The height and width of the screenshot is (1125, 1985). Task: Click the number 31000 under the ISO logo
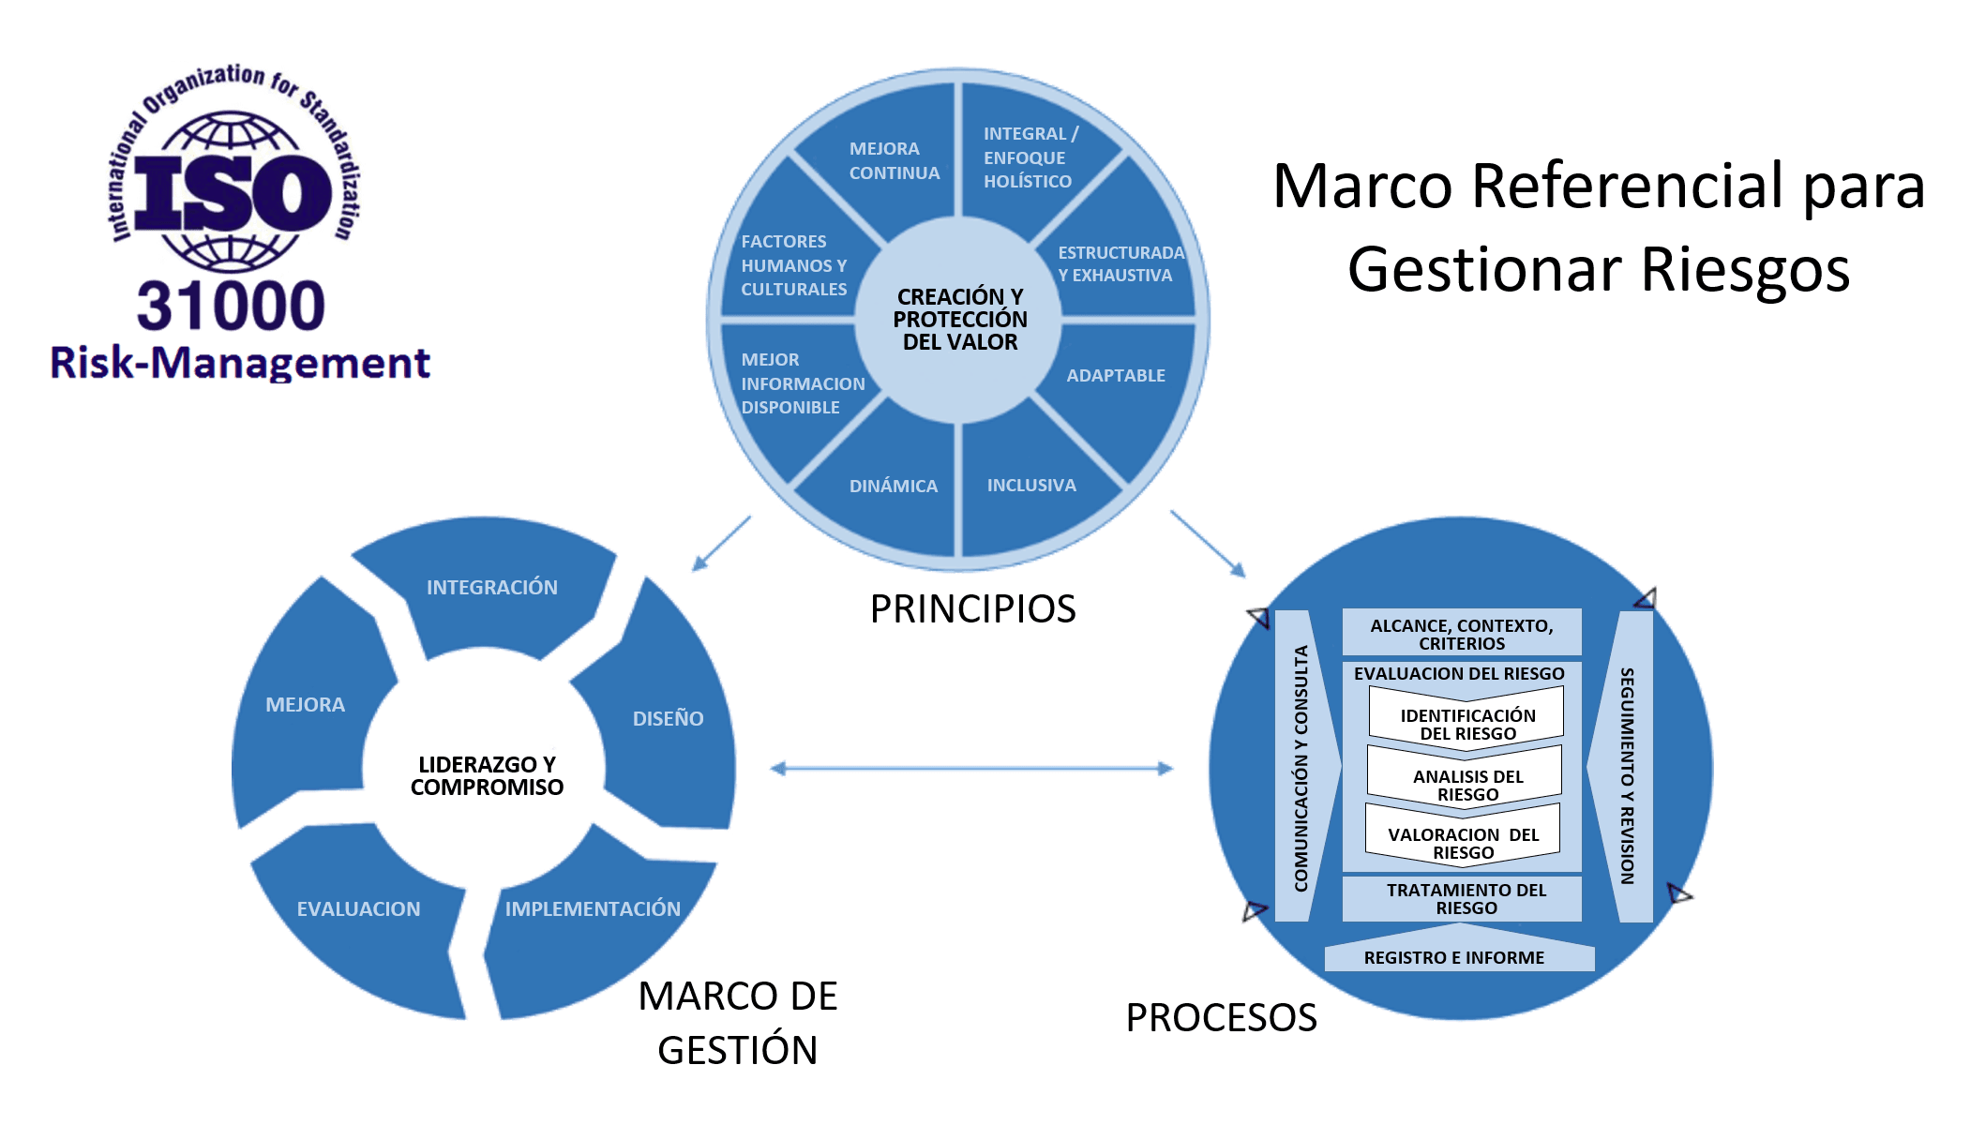[231, 307]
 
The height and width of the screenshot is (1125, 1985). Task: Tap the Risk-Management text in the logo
[240, 363]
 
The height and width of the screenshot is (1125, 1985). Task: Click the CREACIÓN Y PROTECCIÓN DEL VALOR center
[959, 320]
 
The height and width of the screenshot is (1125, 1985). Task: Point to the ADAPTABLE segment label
[1115, 376]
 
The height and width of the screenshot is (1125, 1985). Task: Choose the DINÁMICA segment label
[893, 487]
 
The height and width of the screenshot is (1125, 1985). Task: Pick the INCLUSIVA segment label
[1030, 486]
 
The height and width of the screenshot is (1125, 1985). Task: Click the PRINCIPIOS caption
[972, 609]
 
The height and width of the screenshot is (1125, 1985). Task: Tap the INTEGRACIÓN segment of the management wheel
[491, 588]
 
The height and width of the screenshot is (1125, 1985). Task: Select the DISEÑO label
[668, 719]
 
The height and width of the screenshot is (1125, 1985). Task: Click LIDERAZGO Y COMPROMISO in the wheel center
[487, 776]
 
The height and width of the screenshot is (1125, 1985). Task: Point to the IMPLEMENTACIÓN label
[593, 908]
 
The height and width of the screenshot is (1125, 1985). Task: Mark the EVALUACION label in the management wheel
[358, 909]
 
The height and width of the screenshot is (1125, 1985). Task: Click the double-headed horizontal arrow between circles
[971, 769]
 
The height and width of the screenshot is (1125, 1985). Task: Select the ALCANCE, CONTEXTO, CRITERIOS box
[1461, 634]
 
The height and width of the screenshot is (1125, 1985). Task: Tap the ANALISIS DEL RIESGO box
[1467, 785]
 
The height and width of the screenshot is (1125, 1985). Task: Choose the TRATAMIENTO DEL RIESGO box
[1466, 898]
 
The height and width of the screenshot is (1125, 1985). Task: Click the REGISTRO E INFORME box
[1453, 957]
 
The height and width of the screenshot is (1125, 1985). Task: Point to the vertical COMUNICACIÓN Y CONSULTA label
[1301, 768]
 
